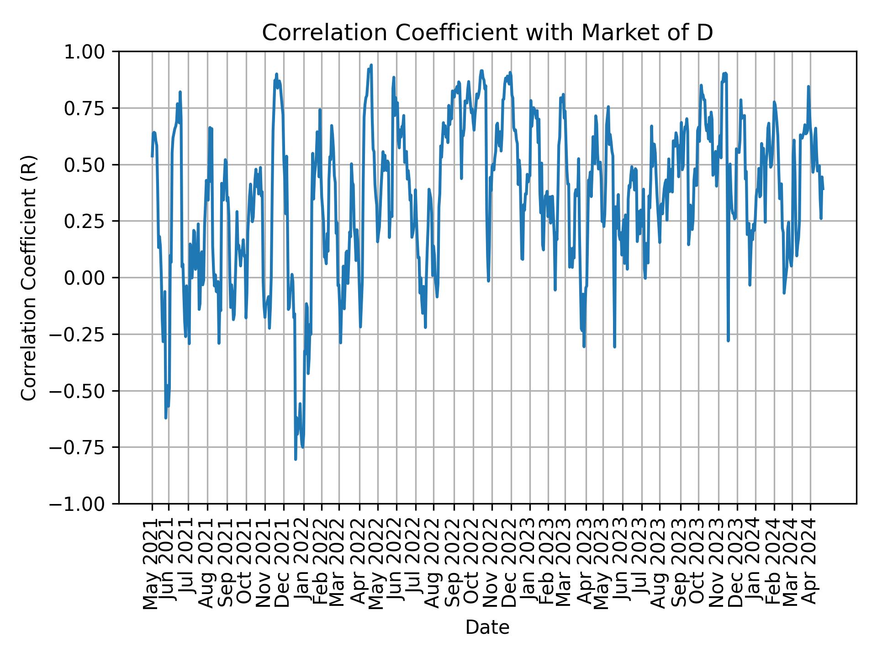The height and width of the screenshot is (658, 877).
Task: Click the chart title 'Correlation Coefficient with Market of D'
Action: pos(487,33)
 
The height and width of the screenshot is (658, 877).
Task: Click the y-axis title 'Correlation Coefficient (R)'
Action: pos(28,278)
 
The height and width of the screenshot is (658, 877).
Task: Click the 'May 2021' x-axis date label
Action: pos(151,564)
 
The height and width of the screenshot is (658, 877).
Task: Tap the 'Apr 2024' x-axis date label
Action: pos(810,564)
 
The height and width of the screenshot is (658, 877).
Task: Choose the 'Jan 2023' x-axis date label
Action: pos(529,564)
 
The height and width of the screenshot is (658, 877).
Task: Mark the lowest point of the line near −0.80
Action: pos(296,459)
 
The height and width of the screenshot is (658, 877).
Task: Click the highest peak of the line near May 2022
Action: pos(371,65)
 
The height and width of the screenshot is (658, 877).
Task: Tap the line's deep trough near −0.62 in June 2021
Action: pos(166,418)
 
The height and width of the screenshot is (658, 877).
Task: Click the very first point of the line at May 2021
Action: pos(152,157)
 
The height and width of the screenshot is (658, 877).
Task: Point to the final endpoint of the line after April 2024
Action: pos(823,189)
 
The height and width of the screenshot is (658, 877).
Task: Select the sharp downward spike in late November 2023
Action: pos(728,340)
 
